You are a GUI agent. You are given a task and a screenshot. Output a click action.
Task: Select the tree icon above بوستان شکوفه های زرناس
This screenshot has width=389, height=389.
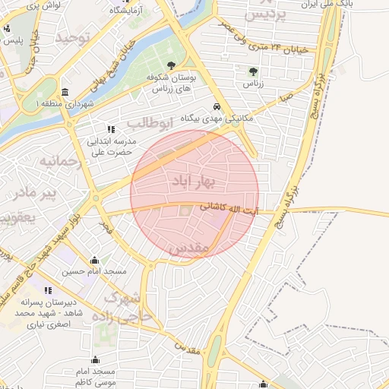[x=172, y=65]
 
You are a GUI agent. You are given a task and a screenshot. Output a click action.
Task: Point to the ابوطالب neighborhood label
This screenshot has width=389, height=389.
[x=150, y=122]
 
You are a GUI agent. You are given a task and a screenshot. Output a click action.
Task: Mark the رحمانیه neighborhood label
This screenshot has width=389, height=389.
[x=59, y=162]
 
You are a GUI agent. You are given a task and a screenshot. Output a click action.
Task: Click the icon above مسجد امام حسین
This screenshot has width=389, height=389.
[x=94, y=260]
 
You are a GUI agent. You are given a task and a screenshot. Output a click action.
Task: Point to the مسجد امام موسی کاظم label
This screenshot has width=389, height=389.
[x=95, y=376]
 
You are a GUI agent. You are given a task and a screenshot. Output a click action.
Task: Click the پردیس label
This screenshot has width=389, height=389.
[x=270, y=14]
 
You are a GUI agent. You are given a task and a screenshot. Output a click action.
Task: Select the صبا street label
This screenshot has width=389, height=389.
[x=286, y=97]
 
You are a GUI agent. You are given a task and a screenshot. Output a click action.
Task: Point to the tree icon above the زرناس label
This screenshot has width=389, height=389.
[x=252, y=71]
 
